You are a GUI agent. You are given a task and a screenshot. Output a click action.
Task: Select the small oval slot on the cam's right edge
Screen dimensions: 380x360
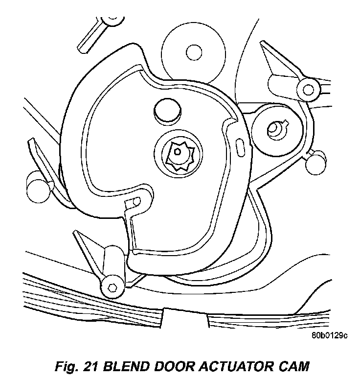tap(241, 145)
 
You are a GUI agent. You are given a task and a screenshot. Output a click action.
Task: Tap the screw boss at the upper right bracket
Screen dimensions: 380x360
tap(308, 89)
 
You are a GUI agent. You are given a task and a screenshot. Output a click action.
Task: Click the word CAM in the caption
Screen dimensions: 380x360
tap(295, 366)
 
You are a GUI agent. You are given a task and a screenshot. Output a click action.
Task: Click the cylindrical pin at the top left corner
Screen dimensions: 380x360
tap(111, 20)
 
